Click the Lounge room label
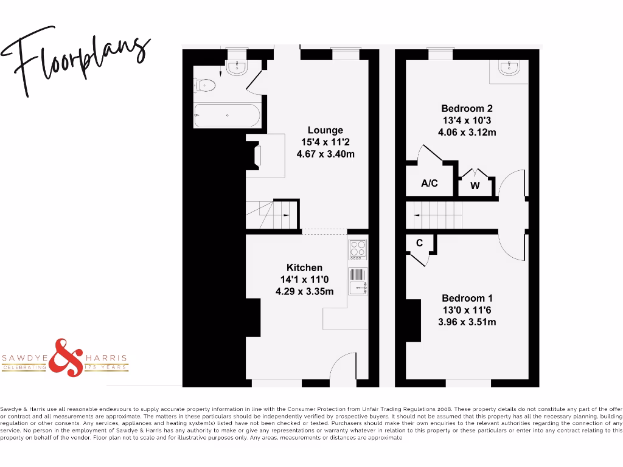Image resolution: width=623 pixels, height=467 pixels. [325, 130]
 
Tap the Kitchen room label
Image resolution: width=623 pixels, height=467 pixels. [304, 268]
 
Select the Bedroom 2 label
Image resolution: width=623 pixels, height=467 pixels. [467, 108]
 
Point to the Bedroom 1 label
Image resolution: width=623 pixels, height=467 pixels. [467, 298]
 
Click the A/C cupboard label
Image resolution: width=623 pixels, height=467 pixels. [430, 183]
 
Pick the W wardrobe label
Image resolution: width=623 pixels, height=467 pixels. [475, 186]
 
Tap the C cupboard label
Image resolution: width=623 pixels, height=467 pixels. [419, 243]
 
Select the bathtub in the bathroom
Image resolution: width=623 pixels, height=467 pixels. [226, 115]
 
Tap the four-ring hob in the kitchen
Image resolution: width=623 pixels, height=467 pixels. [357, 249]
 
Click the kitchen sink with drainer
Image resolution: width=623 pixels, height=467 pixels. [357, 282]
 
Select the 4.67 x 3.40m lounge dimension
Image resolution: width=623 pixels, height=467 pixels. [325, 154]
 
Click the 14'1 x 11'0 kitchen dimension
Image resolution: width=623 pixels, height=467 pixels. [304, 280]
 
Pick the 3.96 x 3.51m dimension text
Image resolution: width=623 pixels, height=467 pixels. [467, 322]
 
